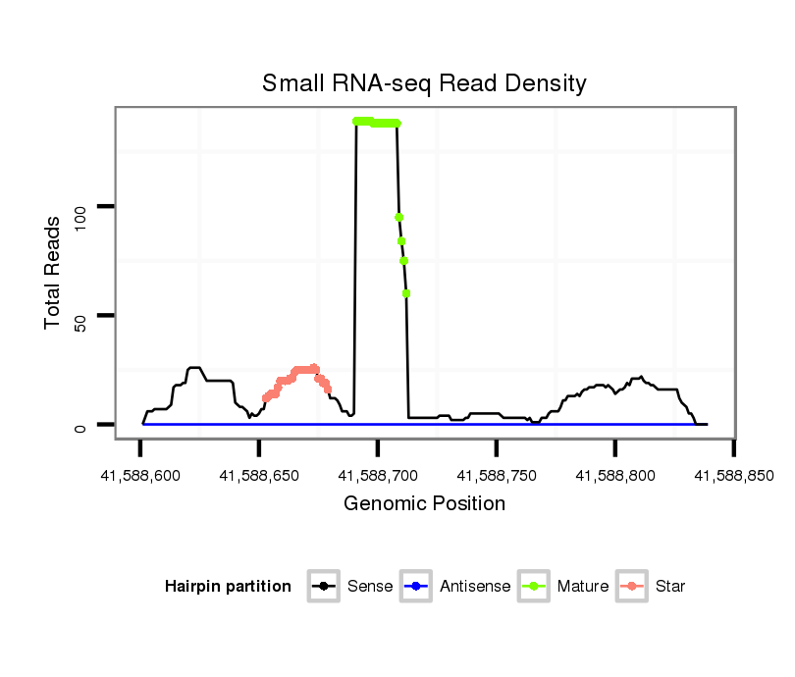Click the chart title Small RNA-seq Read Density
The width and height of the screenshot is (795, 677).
tap(424, 83)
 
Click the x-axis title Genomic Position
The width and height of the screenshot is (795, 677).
tap(424, 504)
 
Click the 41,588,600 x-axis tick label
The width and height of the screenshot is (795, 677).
tap(139, 476)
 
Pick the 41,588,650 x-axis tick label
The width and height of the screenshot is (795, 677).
tap(258, 476)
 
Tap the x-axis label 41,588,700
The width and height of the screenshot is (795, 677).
tap(377, 476)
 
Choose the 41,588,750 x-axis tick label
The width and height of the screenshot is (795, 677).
tap(496, 476)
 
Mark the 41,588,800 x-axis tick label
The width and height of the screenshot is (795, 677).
tap(614, 476)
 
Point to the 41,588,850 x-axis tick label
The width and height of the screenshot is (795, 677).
tap(733, 476)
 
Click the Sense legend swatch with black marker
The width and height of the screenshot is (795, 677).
tap(323, 587)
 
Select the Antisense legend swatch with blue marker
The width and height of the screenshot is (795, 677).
tap(416, 587)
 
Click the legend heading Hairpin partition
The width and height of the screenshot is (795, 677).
tap(228, 587)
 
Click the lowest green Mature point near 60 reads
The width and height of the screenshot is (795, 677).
tap(406, 293)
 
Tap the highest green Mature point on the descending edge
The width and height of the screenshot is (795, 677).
tap(399, 218)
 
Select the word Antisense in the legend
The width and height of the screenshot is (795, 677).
tap(474, 587)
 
